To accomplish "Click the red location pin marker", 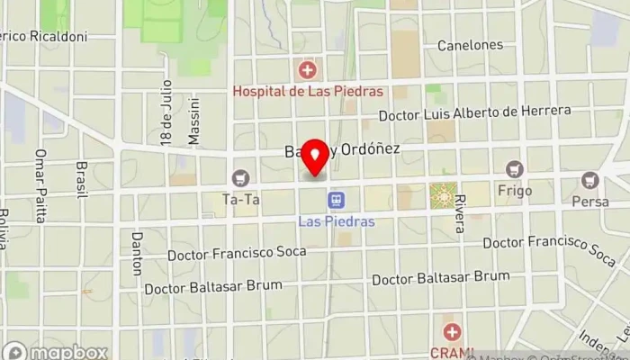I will [x=315, y=157].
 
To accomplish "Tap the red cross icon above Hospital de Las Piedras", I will [x=308, y=69].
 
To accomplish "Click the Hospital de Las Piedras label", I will [x=308, y=91].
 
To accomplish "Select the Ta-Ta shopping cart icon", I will [x=240, y=178].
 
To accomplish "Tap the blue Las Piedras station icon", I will [x=337, y=199].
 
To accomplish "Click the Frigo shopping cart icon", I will [x=514, y=169].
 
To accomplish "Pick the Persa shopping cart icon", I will [x=590, y=180].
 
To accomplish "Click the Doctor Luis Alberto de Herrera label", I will [x=474, y=113].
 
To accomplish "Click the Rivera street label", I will [x=461, y=213].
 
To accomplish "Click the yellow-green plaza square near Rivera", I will [x=443, y=193].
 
